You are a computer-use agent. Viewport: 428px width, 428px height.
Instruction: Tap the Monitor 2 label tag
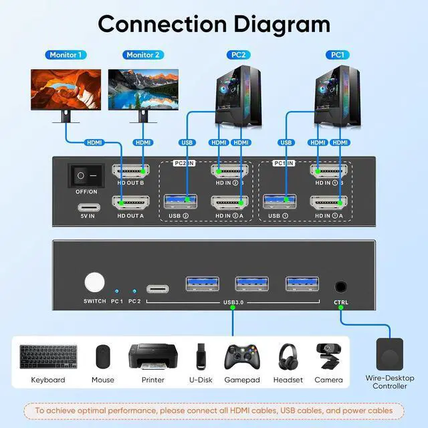[x=143, y=55]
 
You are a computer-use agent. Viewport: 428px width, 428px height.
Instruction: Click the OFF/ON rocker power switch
[x=86, y=176]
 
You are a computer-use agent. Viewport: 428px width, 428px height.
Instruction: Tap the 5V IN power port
[x=86, y=201]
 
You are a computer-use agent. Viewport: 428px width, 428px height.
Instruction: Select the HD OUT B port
[x=130, y=172]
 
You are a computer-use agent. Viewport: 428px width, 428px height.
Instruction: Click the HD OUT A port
[x=130, y=201]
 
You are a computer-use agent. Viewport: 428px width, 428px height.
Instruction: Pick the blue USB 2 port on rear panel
[x=181, y=201]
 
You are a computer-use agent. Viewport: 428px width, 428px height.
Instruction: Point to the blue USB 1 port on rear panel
[x=280, y=201]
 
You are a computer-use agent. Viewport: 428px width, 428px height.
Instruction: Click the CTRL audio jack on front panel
[x=341, y=286]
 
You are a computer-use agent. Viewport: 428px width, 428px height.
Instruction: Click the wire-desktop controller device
[x=391, y=354]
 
